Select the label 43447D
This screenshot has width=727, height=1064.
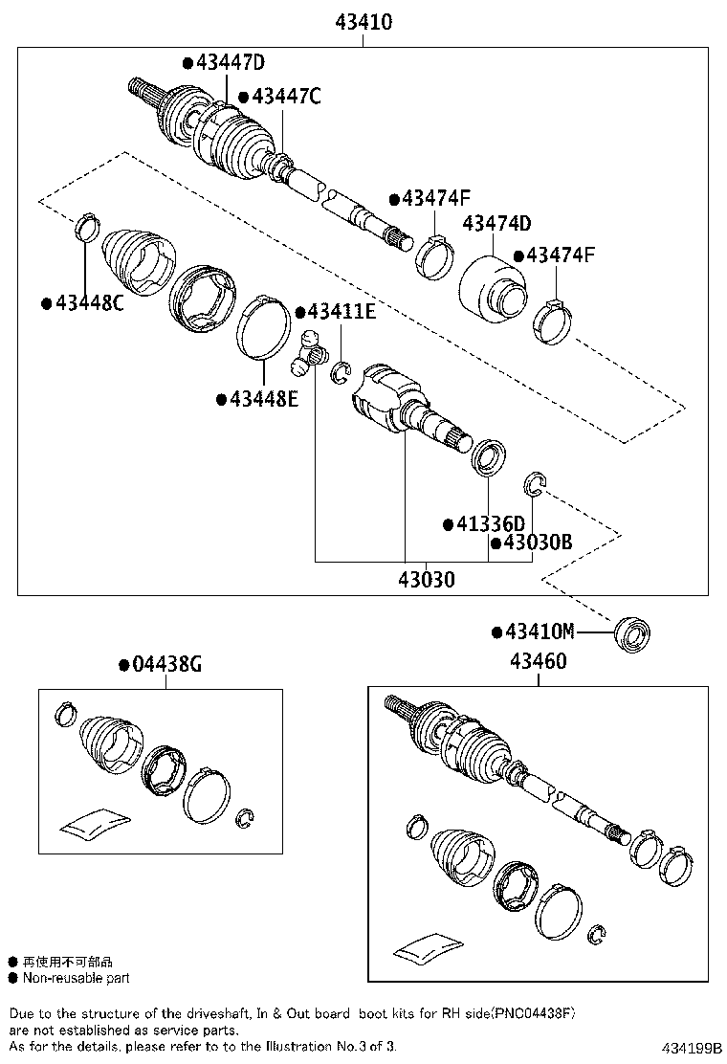coord(230,63)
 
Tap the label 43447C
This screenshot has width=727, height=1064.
coord(285,96)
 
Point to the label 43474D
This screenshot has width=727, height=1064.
coord(496,224)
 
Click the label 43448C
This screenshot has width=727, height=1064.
coord(88,303)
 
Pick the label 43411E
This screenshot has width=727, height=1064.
coord(341,312)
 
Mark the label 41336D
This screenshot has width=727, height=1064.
coord(490,523)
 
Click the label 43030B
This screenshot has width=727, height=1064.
coord(537,543)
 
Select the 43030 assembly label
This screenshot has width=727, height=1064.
coord(427,579)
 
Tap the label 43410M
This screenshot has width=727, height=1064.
coord(540,632)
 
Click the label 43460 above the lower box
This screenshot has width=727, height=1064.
coord(538,661)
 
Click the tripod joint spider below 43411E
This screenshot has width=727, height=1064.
coord(306,352)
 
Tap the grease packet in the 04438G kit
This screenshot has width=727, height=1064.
coord(93,821)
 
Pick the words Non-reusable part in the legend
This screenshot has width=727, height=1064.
coord(77,978)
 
